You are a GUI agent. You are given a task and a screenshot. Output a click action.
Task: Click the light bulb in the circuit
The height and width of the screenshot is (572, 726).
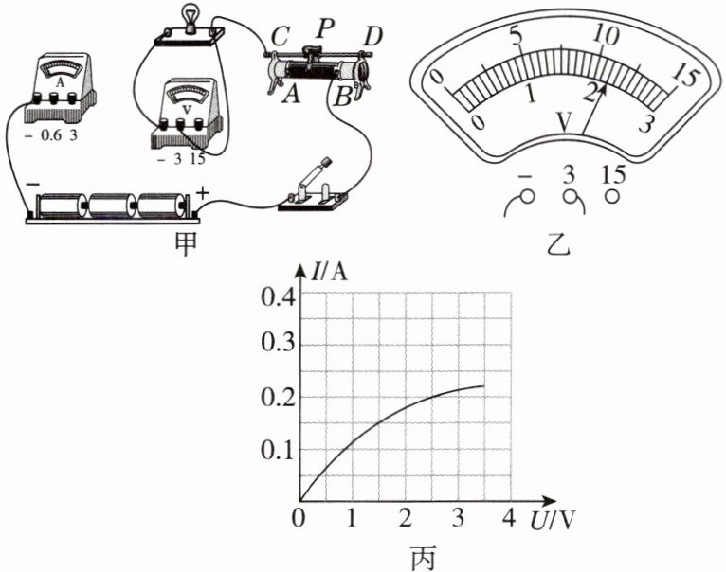(189, 18)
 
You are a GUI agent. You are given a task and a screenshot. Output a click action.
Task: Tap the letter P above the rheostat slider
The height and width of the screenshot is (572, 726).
(325, 28)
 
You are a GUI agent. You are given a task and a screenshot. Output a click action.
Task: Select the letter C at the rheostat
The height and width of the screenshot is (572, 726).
(281, 36)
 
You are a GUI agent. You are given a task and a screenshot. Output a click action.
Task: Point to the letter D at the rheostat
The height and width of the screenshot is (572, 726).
(371, 37)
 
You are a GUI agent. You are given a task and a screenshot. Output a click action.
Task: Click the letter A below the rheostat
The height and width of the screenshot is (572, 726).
(292, 95)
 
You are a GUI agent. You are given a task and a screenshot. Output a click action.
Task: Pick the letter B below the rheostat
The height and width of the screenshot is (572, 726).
(343, 97)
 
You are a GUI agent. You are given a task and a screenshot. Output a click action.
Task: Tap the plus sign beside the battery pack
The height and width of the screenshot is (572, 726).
(203, 192)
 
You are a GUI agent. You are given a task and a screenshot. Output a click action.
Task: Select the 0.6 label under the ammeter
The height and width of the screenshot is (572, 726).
(51, 135)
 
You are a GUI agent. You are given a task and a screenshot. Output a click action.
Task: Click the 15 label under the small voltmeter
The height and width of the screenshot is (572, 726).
(196, 159)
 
